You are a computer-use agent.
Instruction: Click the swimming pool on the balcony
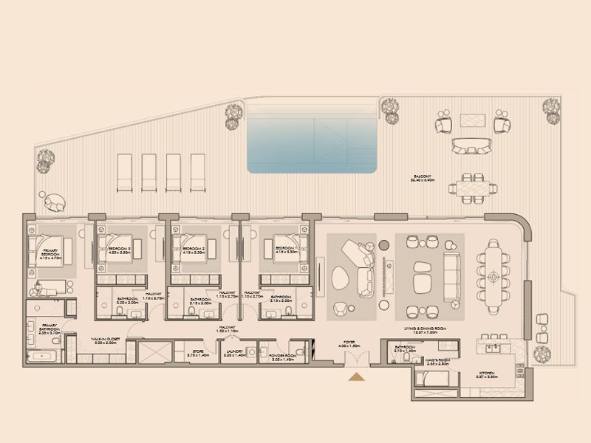(x=312, y=137)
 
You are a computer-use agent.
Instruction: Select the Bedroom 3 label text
(x=119, y=250)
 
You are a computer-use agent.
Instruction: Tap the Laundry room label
(x=235, y=353)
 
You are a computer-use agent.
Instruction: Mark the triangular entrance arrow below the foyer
(x=357, y=377)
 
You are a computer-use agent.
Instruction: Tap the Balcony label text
(x=423, y=178)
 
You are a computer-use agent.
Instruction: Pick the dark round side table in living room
(x=383, y=244)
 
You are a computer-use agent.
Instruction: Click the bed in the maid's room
(x=430, y=380)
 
